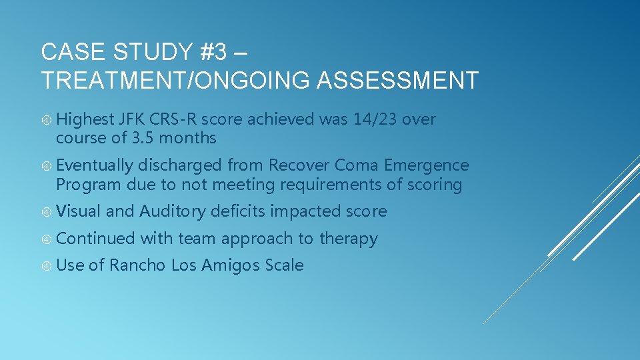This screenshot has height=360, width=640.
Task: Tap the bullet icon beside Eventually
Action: pyautogui.click(x=47, y=165)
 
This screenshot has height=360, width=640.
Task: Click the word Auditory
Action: pyautogui.click(x=173, y=211)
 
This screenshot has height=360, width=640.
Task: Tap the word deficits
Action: pyautogui.click(x=239, y=211)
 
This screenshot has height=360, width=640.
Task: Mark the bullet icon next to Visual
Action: pyautogui.click(x=47, y=212)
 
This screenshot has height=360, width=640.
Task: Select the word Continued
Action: pyautogui.click(x=95, y=239)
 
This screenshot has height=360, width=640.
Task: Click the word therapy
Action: pyautogui.click(x=349, y=239)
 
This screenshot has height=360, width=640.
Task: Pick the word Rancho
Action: pyautogui.click(x=137, y=265)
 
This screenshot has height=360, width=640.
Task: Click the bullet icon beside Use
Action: pyautogui.click(x=47, y=266)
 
